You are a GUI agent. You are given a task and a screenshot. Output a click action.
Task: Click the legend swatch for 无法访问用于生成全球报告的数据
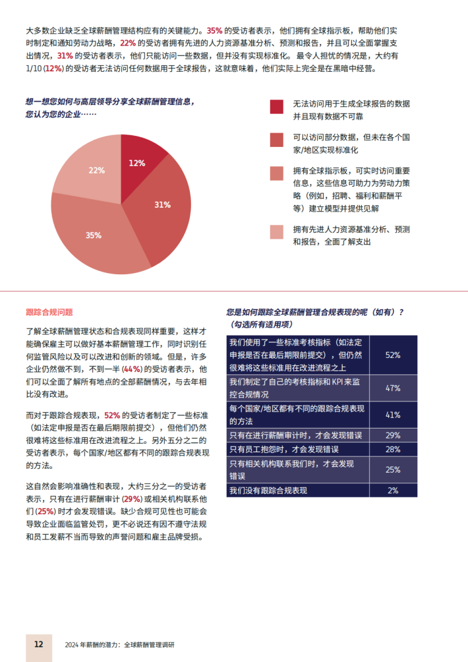point(277,107)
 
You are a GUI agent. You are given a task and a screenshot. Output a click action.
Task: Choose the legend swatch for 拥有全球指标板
point(277,173)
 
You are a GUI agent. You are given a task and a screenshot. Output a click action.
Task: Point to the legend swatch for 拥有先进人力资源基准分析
point(277,231)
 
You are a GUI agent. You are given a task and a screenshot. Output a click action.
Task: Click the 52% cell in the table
point(393,355)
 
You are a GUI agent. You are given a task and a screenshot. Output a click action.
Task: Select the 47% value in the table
point(393,388)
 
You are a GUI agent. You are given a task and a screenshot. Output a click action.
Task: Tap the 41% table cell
point(393,415)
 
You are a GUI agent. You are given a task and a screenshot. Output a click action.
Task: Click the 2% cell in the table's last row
point(393,490)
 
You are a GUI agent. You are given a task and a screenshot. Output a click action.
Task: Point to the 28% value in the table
point(393,449)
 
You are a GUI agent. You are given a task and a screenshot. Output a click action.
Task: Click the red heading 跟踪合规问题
point(49,312)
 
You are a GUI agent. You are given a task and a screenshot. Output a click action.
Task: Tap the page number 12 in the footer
point(38,644)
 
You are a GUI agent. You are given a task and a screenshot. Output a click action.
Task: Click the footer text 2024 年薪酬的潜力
point(93,644)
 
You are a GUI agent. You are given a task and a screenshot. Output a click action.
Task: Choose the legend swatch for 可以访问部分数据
point(277,140)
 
